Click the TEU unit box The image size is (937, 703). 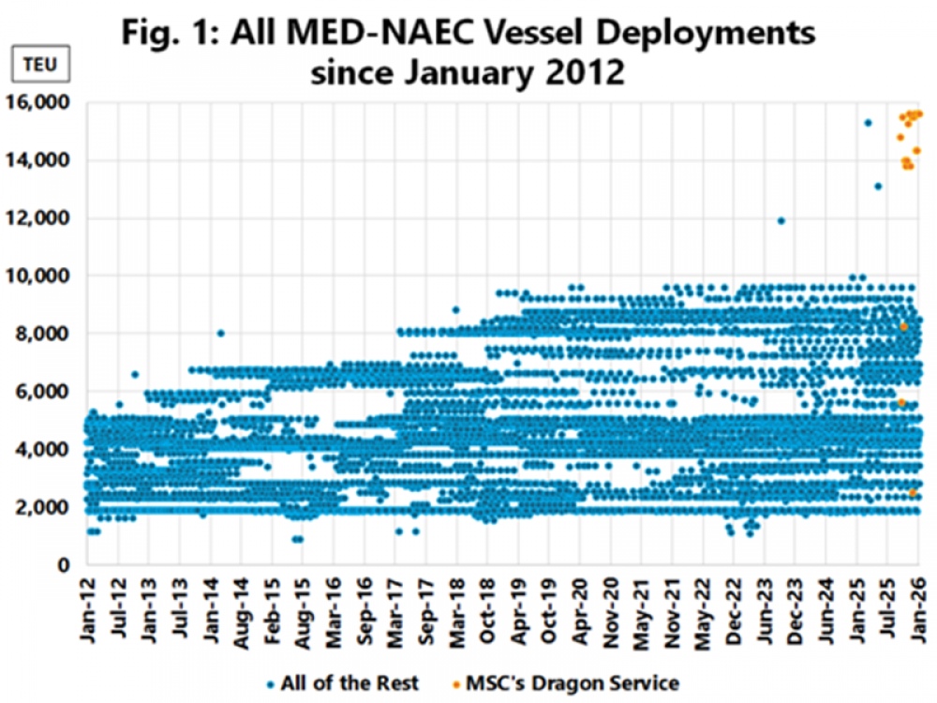[x=43, y=67]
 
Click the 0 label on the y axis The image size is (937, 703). [x=66, y=564]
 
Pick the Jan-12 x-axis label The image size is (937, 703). [x=88, y=609]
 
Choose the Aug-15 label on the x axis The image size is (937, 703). [x=303, y=609]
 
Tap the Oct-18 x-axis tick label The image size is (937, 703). [x=488, y=609]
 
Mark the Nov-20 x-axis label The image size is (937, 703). [x=611, y=609]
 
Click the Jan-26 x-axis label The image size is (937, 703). [x=918, y=609]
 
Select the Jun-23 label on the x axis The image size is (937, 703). [x=765, y=609]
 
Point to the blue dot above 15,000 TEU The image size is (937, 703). [x=868, y=123]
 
